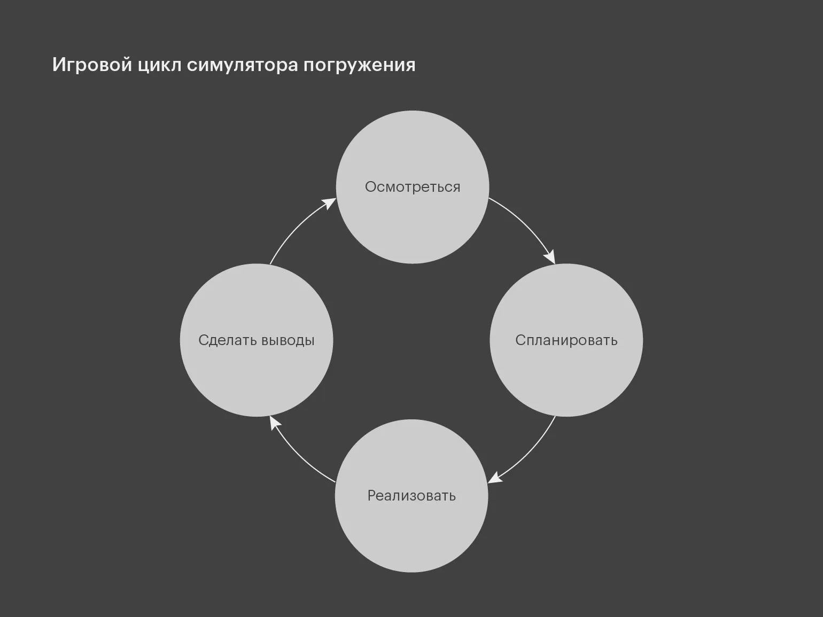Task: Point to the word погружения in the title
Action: coord(359,65)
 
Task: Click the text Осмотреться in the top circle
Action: coord(412,187)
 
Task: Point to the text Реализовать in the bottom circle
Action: coord(412,496)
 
